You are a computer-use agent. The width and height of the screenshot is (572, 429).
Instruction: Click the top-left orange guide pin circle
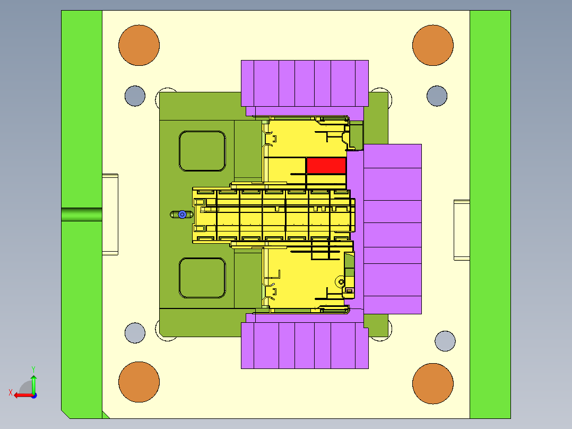click(139, 45)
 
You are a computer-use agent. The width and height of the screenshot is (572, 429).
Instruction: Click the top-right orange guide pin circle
click(433, 45)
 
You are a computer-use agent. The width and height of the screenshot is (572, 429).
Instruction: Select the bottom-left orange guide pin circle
click(139, 382)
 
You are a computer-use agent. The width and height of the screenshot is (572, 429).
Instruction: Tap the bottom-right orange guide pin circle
click(433, 383)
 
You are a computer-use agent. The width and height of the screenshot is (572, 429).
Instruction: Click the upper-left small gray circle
click(135, 96)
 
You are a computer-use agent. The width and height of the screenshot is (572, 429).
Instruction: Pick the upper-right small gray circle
click(437, 96)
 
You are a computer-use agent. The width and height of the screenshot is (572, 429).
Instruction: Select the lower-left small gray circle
click(135, 333)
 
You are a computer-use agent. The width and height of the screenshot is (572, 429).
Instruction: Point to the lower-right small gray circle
click(445, 341)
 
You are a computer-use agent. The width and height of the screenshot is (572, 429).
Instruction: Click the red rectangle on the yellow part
click(326, 166)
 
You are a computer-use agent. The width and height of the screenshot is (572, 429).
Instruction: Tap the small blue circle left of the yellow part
click(183, 214)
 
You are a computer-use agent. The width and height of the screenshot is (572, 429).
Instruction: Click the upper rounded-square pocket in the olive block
click(203, 151)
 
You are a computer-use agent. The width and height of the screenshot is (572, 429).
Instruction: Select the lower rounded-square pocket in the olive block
click(203, 278)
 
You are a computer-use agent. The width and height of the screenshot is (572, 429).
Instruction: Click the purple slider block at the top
click(305, 88)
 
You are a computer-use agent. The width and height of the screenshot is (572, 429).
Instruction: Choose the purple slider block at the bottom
click(305, 341)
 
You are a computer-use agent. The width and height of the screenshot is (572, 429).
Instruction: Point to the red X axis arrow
click(24, 396)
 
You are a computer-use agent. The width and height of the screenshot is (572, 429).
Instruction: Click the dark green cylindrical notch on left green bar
click(82, 214)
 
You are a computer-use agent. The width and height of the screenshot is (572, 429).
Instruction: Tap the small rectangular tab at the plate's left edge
click(110, 214)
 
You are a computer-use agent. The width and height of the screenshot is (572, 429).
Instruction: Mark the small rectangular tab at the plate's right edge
click(462, 230)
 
